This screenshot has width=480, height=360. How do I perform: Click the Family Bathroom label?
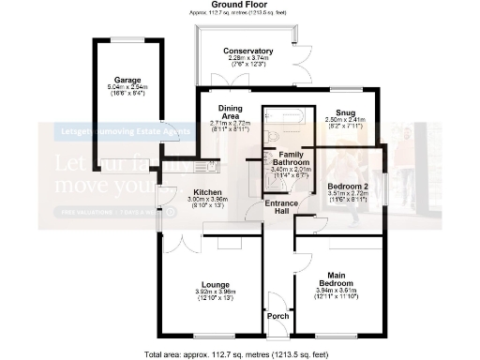pos(288,159)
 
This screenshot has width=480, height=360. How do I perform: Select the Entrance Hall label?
pos(281,209)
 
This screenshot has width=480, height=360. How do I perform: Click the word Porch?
pos(277,316)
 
